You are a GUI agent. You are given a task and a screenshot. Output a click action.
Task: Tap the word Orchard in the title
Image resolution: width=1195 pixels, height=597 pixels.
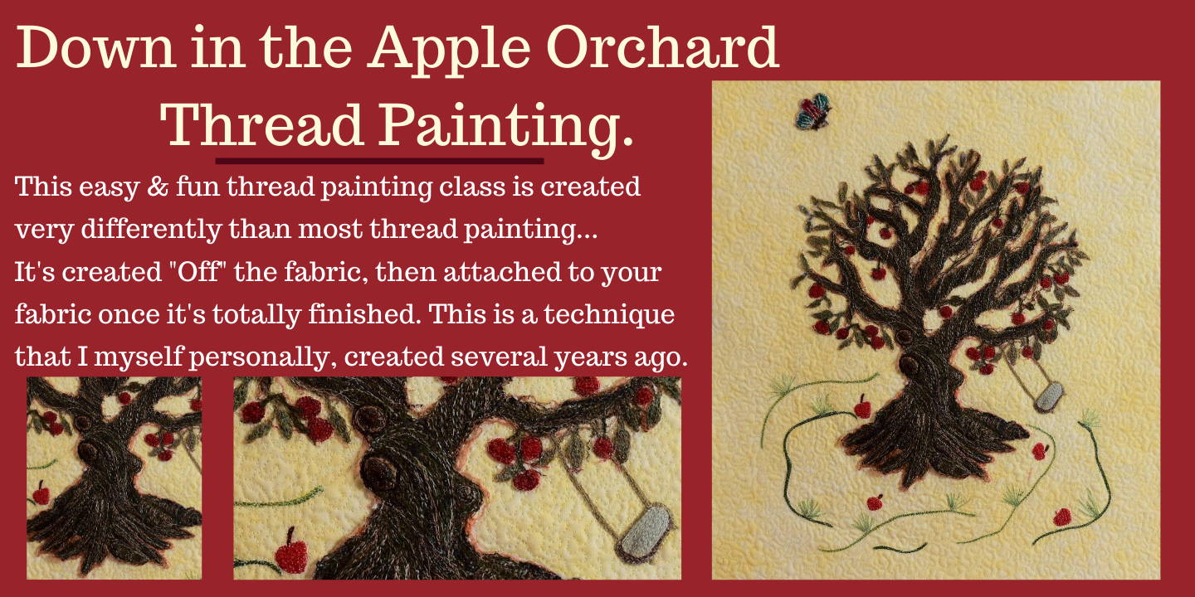[x=662, y=47]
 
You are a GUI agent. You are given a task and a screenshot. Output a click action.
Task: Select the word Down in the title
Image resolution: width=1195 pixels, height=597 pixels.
[x=96, y=47]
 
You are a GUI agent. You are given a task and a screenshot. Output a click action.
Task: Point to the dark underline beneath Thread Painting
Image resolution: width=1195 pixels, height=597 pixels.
[x=380, y=161]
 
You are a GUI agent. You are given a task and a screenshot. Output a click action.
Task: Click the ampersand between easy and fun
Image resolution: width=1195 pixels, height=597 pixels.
[x=158, y=187]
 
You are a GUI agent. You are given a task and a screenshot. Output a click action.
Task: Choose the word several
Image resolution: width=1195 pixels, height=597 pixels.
[x=499, y=357]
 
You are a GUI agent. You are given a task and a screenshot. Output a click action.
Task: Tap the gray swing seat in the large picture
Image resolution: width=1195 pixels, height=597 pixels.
[x=1048, y=397]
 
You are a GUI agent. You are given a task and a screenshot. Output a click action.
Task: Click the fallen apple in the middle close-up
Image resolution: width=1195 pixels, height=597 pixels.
[x=291, y=551]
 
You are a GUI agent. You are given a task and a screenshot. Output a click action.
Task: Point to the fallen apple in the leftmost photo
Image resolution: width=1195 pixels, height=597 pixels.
[x=41, y=493]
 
